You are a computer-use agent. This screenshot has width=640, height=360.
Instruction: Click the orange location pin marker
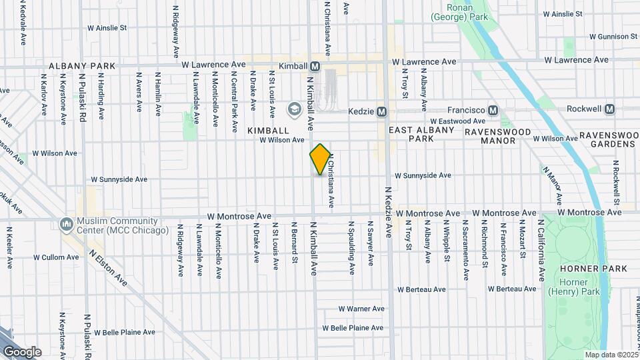tap(320, 159)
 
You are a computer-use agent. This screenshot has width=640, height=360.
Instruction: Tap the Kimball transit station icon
tap(315, 66)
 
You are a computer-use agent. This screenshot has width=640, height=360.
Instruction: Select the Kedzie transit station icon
tap(382, 111)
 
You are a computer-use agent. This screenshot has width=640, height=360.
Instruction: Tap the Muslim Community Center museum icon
tap(66, 223)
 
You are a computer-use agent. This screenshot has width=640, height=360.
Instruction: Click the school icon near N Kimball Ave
tap(294, 109)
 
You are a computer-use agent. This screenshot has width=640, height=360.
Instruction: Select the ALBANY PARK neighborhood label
tap(82, 67)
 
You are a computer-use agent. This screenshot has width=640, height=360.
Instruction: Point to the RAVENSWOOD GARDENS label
tap(609, 139)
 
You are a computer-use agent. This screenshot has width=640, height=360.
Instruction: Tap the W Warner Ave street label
tap(361, 309)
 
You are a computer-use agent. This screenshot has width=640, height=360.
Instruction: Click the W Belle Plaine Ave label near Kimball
tap(353, 328)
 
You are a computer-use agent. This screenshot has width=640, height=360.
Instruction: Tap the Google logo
tap(22, 351)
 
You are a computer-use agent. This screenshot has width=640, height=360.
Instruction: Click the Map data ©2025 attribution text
tap(610, 355)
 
